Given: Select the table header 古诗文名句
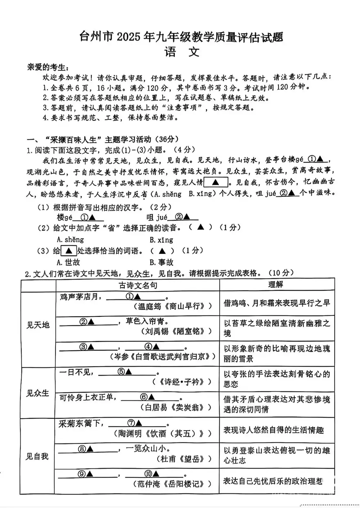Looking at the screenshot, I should tap(138, 286).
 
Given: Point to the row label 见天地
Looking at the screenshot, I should tap(38, 325).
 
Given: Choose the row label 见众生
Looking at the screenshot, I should tap(37, 393).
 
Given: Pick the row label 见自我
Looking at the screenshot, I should tap(37, 456).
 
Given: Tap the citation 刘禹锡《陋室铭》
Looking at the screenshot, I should tap(176, 331).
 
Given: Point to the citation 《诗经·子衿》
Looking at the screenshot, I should tap(181, 382).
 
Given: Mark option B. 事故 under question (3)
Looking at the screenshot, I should tap(161, 262).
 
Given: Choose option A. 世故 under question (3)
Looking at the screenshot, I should tap(68, 262).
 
